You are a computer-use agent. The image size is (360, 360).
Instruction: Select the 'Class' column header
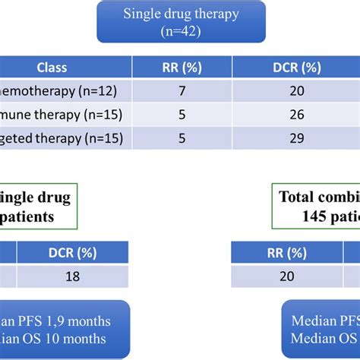coord(51,68)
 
